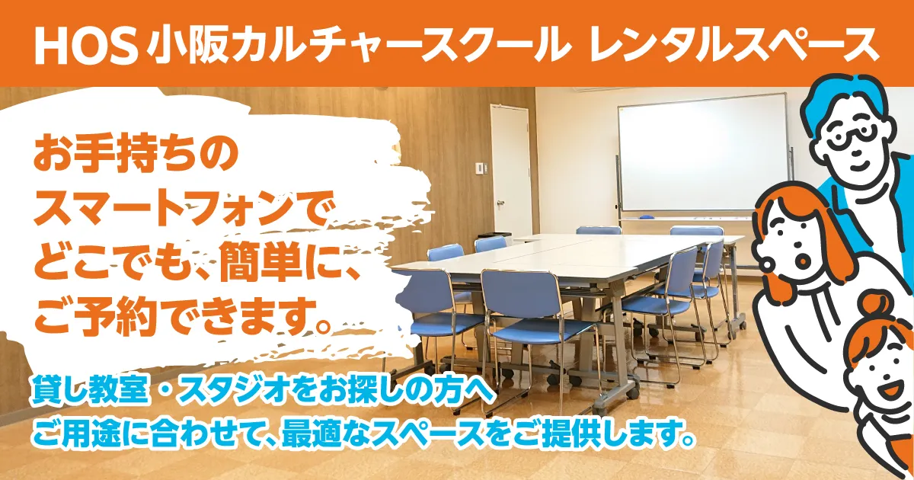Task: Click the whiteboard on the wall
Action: [702, 152]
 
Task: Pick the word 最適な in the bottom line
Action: [328, 437]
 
